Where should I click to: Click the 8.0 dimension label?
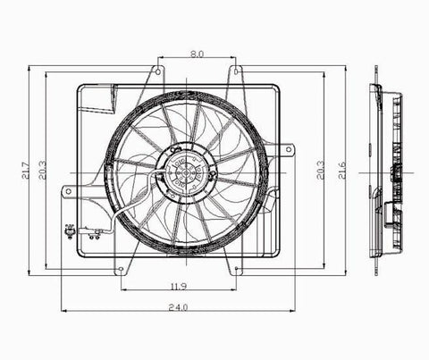point(197,54)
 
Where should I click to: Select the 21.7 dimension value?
point(25,171)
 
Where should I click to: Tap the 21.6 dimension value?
point(342,171)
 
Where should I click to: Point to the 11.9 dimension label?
point(179,287)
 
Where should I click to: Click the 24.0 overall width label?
point(178,307)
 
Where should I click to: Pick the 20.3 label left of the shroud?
point(42,171)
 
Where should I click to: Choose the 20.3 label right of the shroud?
point(321,171)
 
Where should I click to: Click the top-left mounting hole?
point(158,71)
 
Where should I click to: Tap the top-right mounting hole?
point(236,71)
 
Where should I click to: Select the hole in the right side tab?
point(289,149)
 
